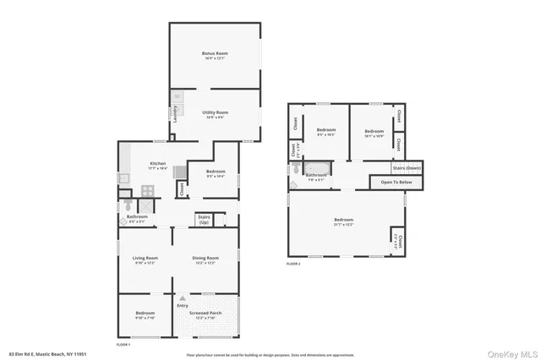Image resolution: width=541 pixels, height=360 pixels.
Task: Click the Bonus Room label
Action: point(215,53)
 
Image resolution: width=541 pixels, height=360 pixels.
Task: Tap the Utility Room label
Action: point(215,112)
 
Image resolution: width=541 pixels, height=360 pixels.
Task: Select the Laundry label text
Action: point(174,122)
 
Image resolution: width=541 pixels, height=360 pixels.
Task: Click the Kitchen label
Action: point(157,163)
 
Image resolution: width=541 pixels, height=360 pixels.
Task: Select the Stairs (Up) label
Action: point(204,220)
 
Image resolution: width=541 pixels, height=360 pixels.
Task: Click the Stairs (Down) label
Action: point(407,167)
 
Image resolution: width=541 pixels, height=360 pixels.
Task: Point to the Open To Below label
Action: point(396,182)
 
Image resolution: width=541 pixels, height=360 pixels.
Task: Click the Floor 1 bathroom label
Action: point(137,216)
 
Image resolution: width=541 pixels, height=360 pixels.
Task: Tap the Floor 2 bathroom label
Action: point(316,175)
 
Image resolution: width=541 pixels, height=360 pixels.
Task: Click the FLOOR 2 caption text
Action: point(293,265)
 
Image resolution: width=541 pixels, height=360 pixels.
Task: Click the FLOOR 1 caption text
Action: point(123,344)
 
